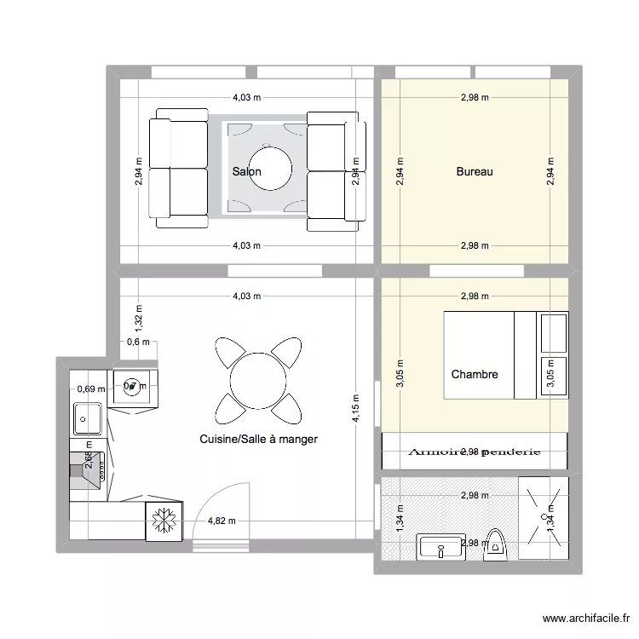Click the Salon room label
pyautogui.click(x=246, y=172)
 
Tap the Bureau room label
pyautogui.click(x=475, y=172)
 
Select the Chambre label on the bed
pyautogui.click(x=475, y=374)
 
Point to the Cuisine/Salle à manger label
pyautogui.click(x=258, y=440)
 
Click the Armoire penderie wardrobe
pyautogui.click(x=475, y=452)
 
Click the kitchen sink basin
pyautogui.click(x=88, y=417)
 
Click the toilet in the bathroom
pyautogui.click(x=494, y=544)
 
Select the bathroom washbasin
pyautogui.click(x=440, y=548)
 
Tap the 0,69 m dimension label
pyautogui.click(x=90, y=389)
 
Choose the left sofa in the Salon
pyautogui.click(x=178, y=168)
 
